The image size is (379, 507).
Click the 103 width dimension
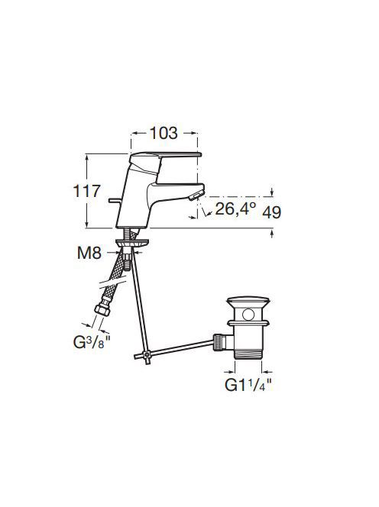(164, 133)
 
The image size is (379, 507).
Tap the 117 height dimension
(87, 191)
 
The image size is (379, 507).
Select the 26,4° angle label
(235, 208)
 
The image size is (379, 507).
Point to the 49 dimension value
(271, 212)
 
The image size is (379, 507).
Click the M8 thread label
(89, 253)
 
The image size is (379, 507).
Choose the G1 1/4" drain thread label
(248, 385)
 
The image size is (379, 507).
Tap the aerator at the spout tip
(196, 195)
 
